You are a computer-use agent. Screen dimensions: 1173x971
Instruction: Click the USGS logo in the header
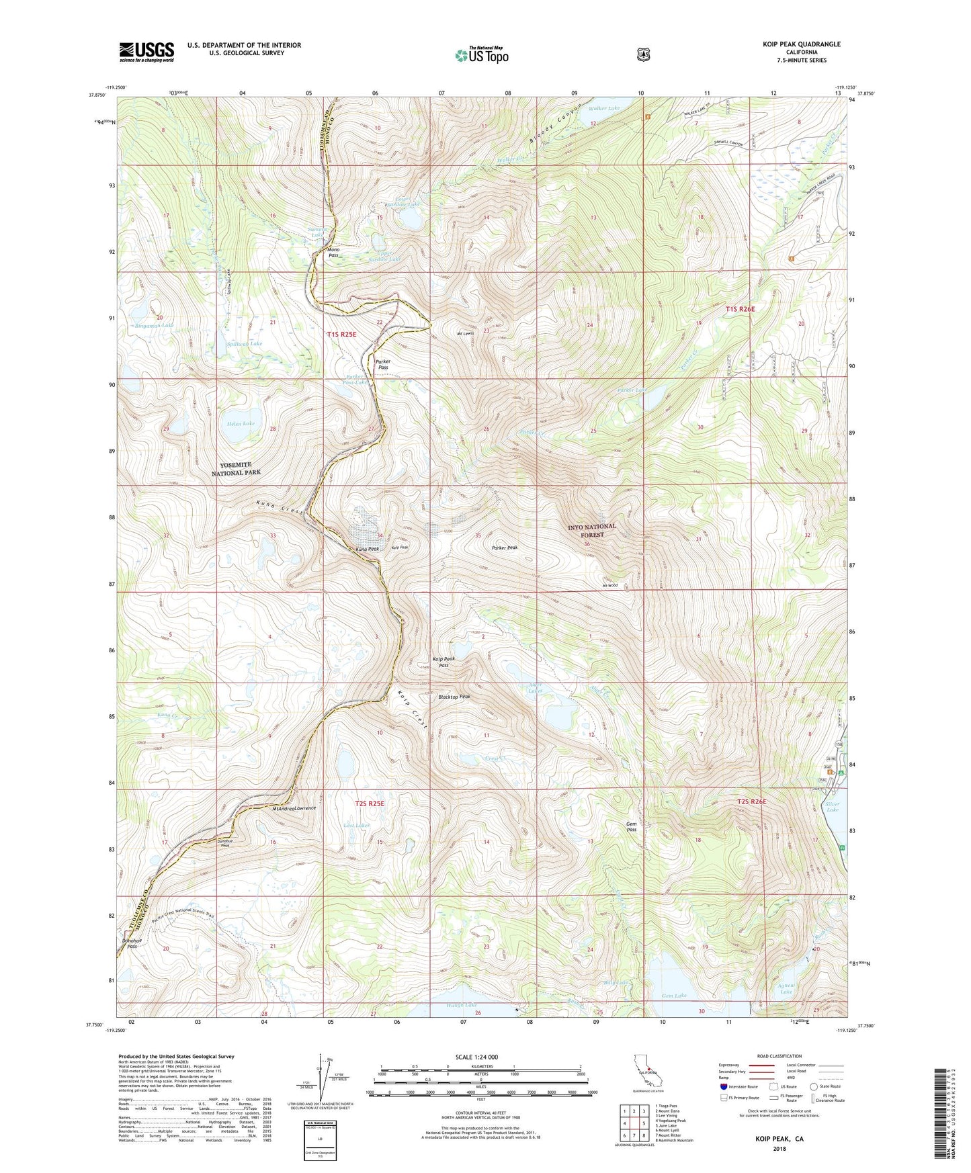146,51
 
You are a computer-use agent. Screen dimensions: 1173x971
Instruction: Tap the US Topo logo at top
480,55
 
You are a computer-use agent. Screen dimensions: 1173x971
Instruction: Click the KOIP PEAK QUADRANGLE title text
798,44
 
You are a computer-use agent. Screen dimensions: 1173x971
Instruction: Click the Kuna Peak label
367,549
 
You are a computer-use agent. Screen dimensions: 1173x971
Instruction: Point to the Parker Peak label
504,548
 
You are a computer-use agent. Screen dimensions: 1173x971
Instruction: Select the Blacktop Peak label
454,697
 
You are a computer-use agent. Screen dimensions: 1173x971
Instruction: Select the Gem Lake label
674,996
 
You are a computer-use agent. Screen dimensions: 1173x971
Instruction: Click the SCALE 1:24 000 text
476,1057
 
